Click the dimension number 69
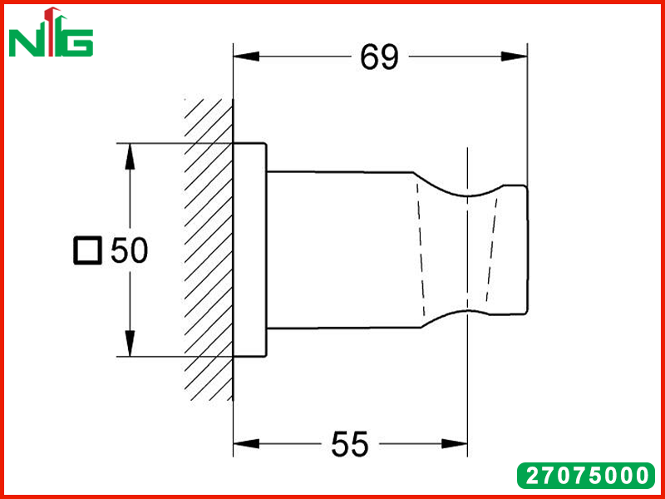tap(380, 57)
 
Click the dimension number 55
tap(350, 444)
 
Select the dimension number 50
tap(130, 250)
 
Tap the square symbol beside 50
tap(88, 250)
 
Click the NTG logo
tap(51, 32)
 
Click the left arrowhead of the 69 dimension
tap(246, 56)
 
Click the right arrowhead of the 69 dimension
tap(514, 56)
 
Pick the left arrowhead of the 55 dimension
tap(246, 444)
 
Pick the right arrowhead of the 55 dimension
tap(454, 444)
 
